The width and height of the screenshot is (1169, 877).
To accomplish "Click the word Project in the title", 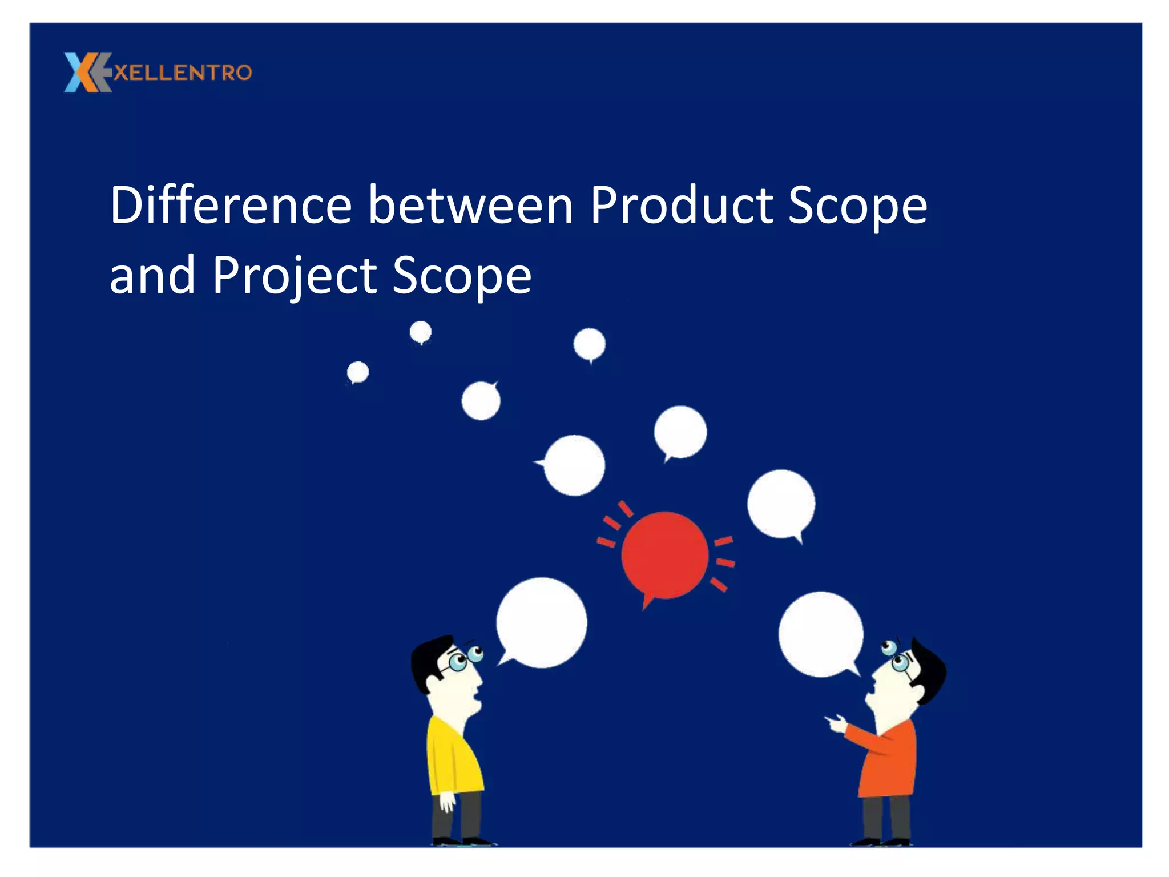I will [294, 275].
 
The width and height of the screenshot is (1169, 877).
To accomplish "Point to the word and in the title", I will [152, 275].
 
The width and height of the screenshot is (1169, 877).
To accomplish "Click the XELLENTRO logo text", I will [183, 73].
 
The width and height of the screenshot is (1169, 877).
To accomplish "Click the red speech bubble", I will [664, 555].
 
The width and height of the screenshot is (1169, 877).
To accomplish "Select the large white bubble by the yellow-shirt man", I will [541, 622].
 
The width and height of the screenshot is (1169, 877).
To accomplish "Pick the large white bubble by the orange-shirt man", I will [821, 634].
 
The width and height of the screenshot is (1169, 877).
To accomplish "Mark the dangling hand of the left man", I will [447, 802].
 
